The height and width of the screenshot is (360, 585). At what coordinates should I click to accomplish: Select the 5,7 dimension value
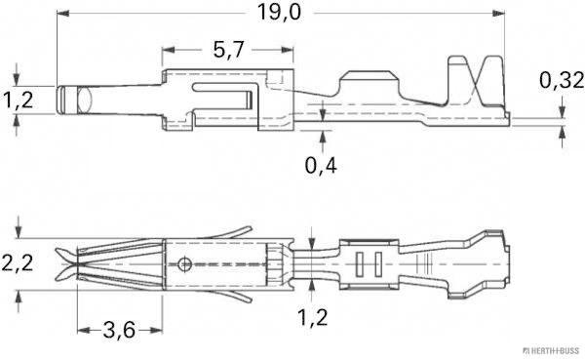click(x=226, y=51)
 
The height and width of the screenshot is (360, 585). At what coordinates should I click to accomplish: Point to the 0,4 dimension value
click(x=321, y=164)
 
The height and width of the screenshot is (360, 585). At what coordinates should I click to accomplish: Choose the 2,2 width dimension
click(x=17, y=261)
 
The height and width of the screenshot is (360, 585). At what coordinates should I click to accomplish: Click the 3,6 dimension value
click(x=117, y=331)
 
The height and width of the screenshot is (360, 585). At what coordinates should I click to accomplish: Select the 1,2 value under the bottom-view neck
click(x=313, y=318)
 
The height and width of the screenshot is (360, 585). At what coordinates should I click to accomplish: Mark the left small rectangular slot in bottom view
click(x=358, y=262)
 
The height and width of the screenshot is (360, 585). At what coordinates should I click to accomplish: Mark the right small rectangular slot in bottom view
click(x=372, y=262)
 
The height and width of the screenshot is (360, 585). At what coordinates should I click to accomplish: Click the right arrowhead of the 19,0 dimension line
click(x=505, y=14)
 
